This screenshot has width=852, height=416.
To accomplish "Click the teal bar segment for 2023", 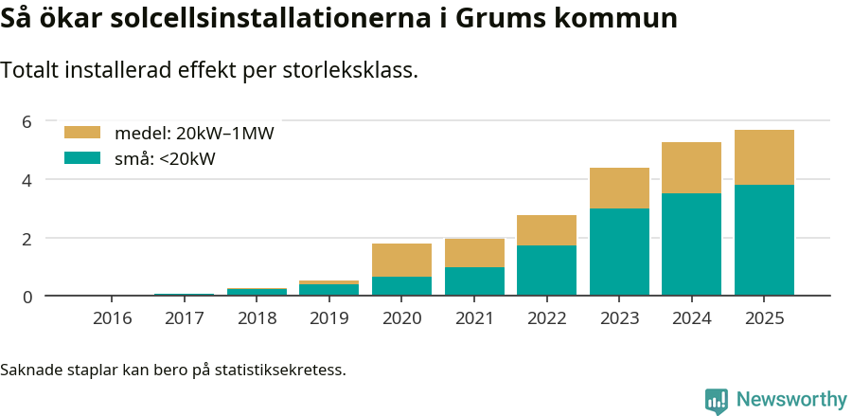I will (x=619, y=252).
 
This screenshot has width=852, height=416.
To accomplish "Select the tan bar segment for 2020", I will (x=401, y=260).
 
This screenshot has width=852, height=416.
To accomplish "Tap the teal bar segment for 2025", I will (x=764, y=240).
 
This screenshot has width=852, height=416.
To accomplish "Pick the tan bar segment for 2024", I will (x=691, y=168).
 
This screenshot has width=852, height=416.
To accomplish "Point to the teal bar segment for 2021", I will (x=474, y=281).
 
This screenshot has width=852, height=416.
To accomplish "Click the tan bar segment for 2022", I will (x=546, y=230).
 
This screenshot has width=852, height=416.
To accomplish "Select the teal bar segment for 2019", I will (x=328, y=290).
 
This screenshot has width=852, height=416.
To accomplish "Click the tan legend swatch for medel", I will (x=81, y=134).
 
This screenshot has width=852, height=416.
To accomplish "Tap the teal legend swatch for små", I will (x=81, y=158).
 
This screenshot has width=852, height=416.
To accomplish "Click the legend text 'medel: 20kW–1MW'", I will (x=194, y=134).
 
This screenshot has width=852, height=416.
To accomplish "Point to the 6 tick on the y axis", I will (x=27, y=121).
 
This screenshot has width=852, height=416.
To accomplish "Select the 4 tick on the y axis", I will (x=27, y=180).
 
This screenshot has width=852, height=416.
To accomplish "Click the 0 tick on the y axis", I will (x=27, y=297).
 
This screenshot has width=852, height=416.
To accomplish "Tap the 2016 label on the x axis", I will (x=112, y=317).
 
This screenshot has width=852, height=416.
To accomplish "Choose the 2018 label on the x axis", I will (x=257, y=317).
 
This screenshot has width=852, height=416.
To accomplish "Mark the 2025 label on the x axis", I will (x=764, y=317).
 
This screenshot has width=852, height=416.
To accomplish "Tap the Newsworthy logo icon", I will (x=717, y=401).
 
